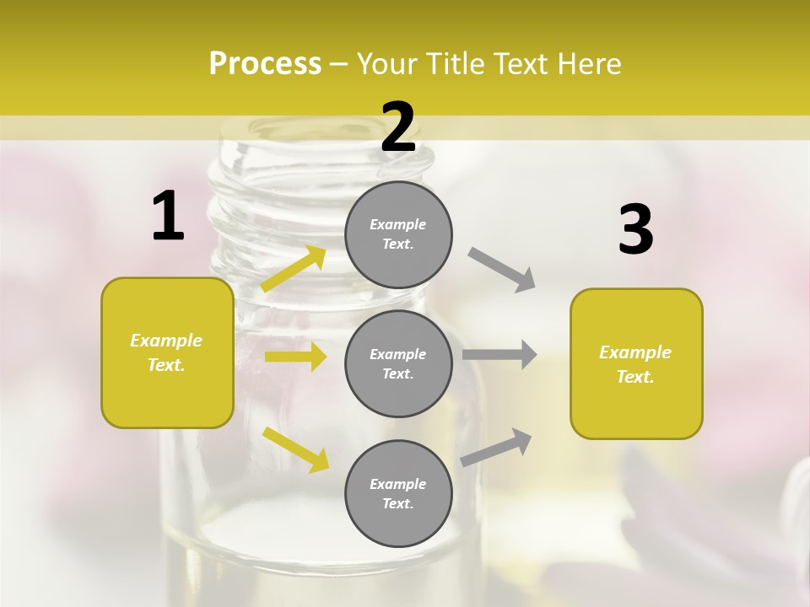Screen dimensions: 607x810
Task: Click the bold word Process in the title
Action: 265,64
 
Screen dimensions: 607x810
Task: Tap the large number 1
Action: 168,217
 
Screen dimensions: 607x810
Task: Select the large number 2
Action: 398,127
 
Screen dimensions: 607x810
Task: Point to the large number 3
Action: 635,230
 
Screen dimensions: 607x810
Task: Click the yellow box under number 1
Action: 167,352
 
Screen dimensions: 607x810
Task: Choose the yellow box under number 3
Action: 636,364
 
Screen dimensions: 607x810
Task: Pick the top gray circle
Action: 398,234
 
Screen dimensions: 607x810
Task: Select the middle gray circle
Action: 398,364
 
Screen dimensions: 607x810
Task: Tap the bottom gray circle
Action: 398,494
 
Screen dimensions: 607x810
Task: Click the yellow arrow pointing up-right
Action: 294,269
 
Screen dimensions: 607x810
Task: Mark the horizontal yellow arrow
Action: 295,357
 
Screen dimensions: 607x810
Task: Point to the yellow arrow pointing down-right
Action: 295,449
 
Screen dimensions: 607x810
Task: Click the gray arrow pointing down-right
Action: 502,270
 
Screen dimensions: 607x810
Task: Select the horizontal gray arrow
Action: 499,354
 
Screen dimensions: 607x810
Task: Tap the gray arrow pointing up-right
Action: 496,447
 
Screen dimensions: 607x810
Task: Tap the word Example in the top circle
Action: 397,224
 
